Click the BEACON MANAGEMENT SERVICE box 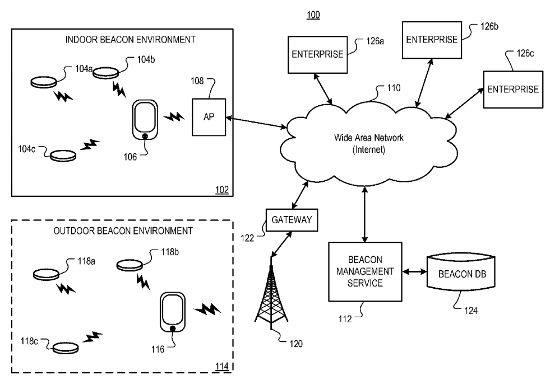365,271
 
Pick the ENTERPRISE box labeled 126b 431,39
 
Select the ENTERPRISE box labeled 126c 512,90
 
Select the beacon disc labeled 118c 66,347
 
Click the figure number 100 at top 313,15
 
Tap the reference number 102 222,189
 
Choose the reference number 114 222,366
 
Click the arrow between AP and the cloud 256,123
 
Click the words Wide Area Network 362,137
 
